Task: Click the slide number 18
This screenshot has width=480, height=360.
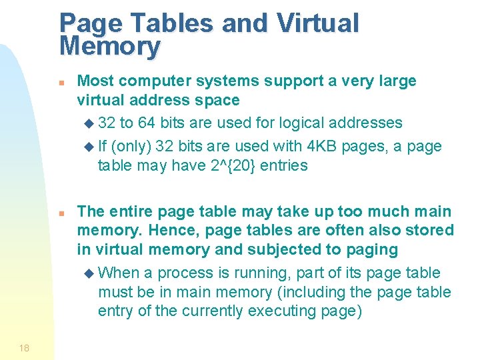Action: pos(25,348)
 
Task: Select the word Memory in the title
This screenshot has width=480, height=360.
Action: pos(110,46)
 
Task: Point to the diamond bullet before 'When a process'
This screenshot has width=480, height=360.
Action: pos(91,273)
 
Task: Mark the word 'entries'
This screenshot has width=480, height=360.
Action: pos(285,165)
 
